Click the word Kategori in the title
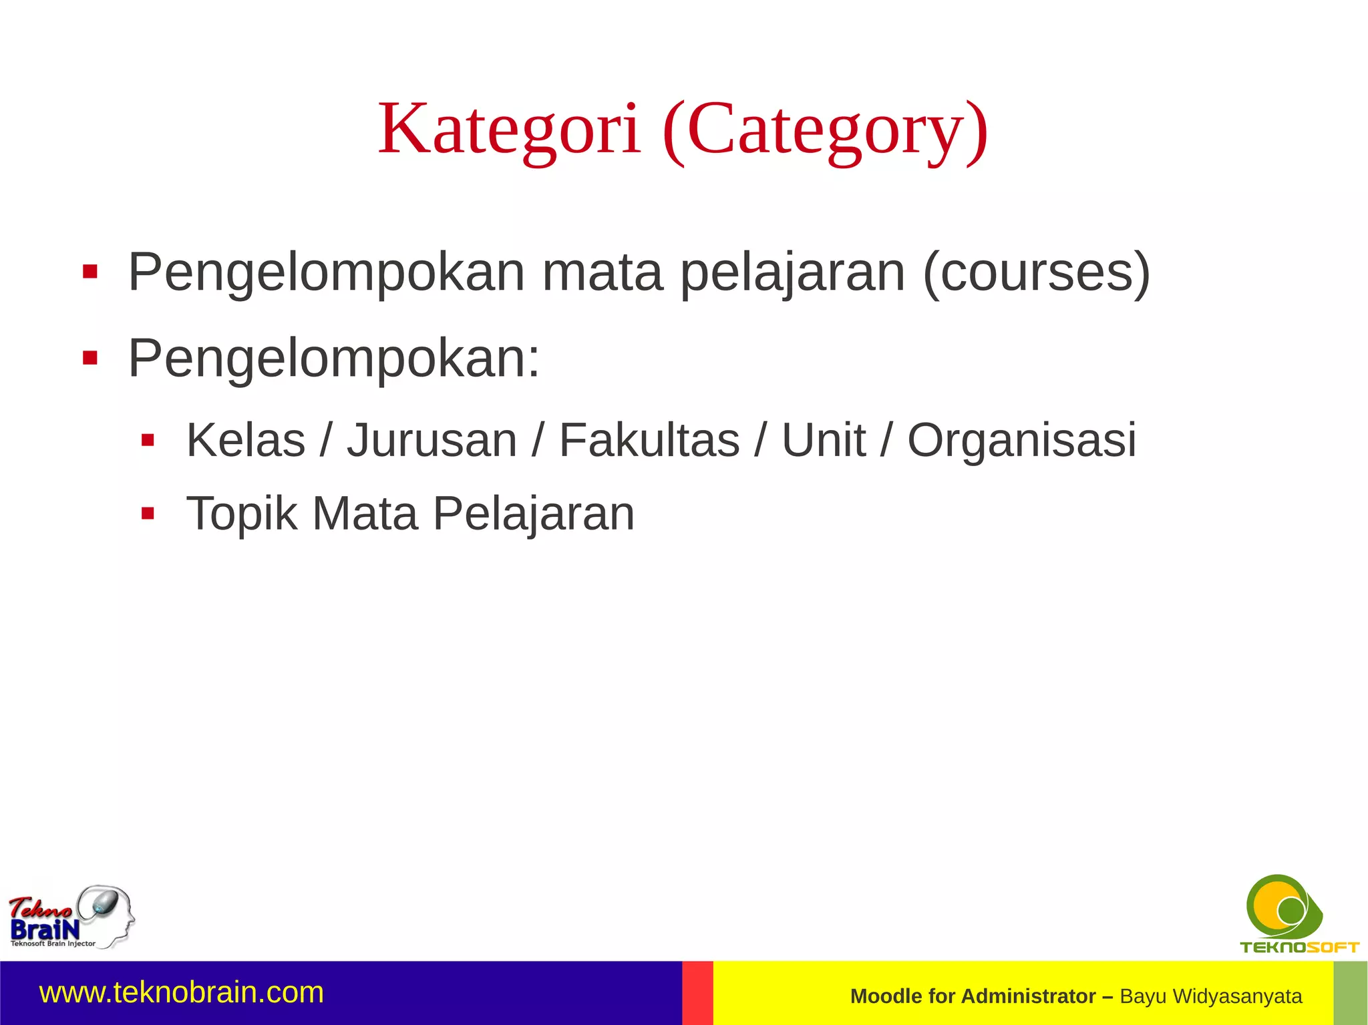[509, 129]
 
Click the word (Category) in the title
[825, 130]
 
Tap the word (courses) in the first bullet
[1036, 272]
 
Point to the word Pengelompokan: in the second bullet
[334, 359]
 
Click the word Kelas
[246, 441]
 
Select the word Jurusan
[432, 441]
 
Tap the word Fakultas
[649, 441]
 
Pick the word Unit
[824, 441]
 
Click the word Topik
[241, 514]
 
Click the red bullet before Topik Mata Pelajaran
[148, 514]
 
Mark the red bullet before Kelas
[148, 440]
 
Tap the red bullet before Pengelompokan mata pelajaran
[90, 272]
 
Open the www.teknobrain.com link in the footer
[182, 993]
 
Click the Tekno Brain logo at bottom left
[71, 917]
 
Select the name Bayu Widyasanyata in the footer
[1210, 996]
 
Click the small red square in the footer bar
[697, 993]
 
